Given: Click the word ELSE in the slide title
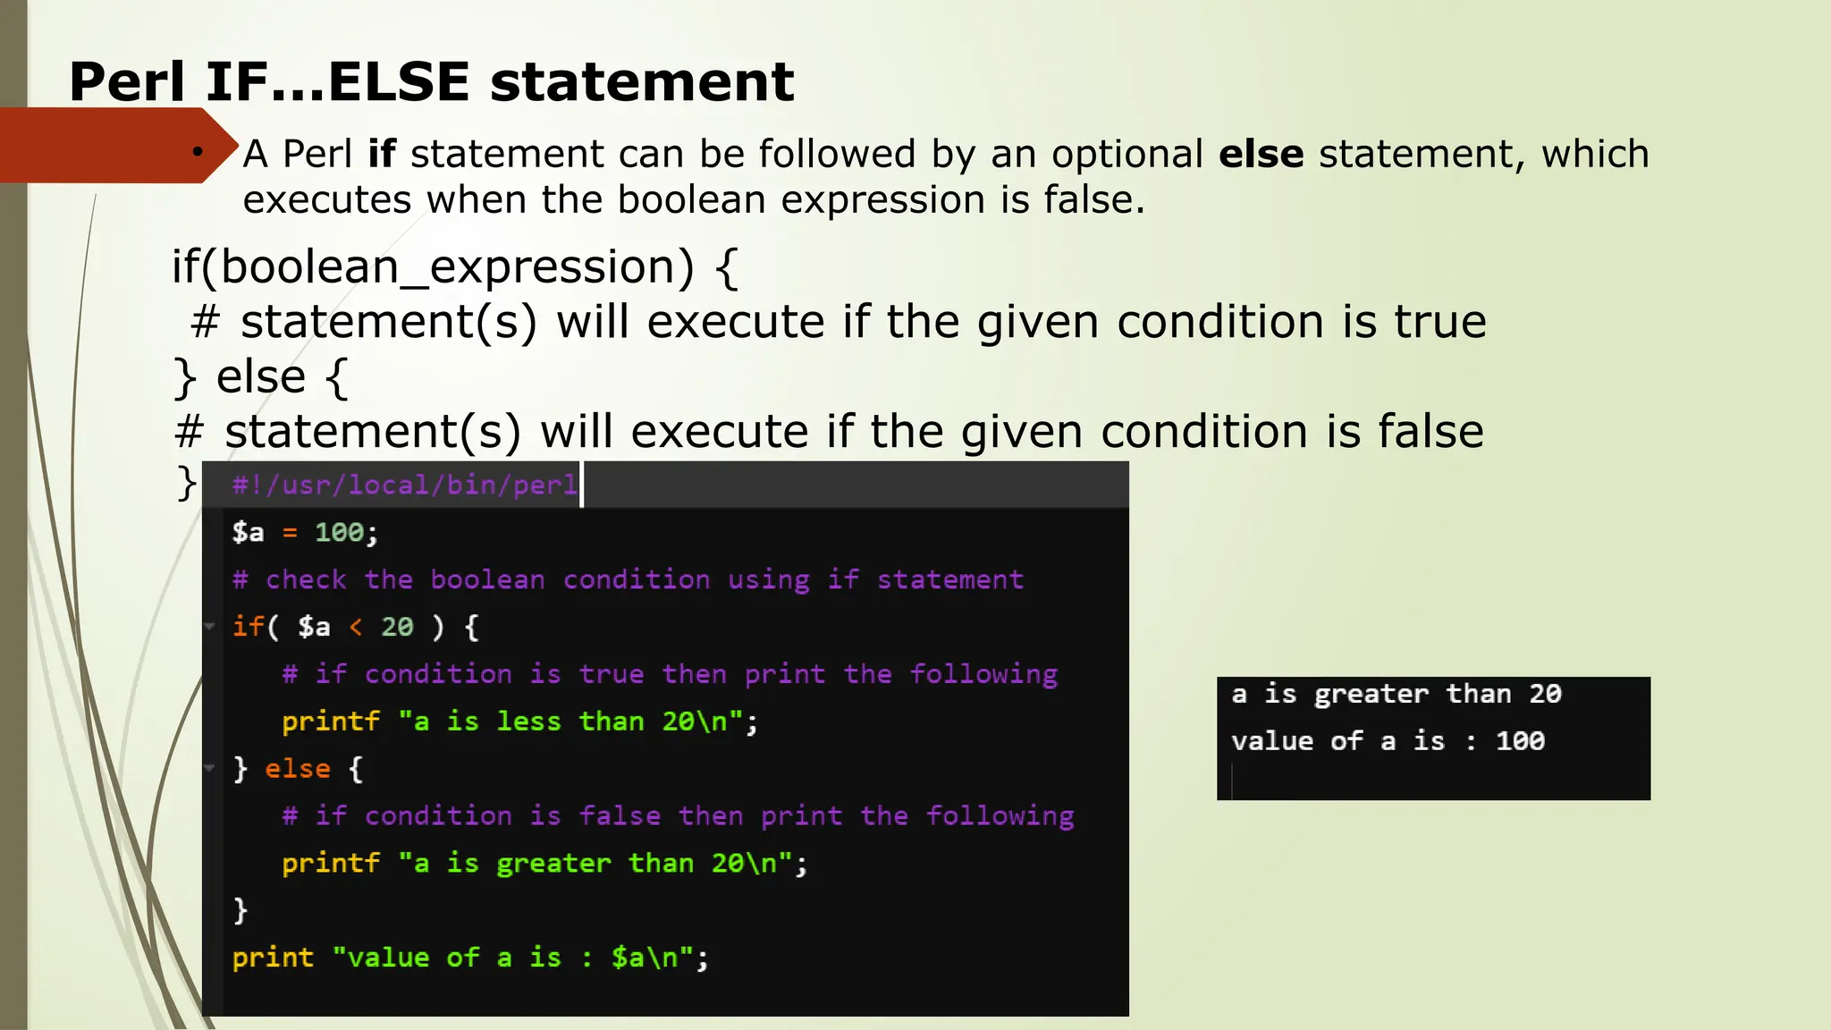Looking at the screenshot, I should point(399,82).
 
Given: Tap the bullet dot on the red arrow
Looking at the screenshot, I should point(197,152).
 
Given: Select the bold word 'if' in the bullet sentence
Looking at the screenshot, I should point(381,154).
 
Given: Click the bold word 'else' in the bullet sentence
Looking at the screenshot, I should point(1261,154).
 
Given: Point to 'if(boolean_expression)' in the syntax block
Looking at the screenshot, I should point(433,267).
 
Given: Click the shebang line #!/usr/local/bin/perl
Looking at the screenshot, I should point(404,485).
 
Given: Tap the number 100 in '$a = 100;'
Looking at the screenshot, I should point(339,533).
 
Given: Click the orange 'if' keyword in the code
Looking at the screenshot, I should point(248,627).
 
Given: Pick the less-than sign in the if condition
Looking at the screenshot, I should point(356,628).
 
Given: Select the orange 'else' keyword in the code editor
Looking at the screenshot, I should point(298,769).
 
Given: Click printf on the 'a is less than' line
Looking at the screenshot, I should point(331,722).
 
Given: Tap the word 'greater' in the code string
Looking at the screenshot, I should point(553,864).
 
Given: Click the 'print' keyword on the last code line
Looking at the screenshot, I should point(273,958).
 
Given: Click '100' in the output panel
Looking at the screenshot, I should point(1520,741).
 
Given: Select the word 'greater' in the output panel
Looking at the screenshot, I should point(1371,695).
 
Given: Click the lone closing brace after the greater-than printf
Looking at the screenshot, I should point(240,910).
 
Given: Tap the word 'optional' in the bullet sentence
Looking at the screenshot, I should point(1126,154).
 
